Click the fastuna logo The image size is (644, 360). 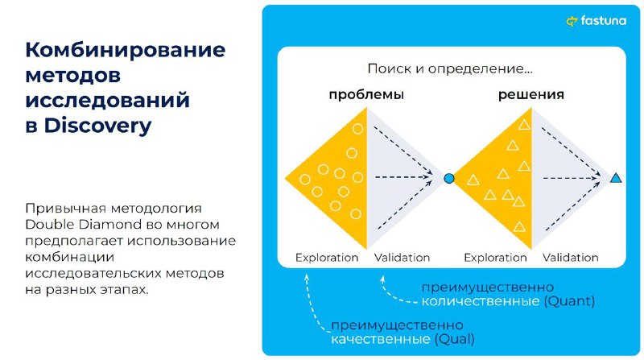tap(596, 21)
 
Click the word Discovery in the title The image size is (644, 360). tap(97, 126)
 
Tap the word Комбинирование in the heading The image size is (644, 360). tap(126, 50)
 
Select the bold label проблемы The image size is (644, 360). tap(366, 94)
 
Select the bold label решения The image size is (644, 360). tap(531, 94)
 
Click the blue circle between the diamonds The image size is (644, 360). tap(449, 178)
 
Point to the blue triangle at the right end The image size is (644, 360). tap(616, 178)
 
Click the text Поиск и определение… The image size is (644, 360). tap(450, 68)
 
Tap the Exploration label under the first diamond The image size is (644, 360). tap(327, 258)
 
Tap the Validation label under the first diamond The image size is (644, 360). tap(402, 258)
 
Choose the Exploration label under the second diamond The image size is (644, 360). tap(495, 258)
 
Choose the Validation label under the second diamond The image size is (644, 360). tap(571, 258)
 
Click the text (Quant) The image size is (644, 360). tap(569, 301)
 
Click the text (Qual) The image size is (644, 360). tap(454, 339)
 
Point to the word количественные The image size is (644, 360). tap(481, 301)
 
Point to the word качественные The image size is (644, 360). tap(381, 339)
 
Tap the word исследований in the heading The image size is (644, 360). tap(108, 101)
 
